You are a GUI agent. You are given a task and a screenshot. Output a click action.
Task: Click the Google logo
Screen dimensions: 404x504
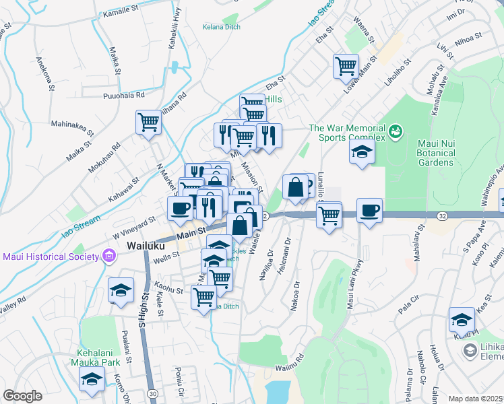coord(22,396)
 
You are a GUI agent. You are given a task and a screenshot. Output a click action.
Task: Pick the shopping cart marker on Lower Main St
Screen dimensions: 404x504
coord(346,66)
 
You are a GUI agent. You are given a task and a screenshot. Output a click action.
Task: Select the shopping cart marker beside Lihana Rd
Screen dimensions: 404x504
coord(148,123)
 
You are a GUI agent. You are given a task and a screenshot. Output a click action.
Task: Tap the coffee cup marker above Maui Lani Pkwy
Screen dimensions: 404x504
coord(369,210)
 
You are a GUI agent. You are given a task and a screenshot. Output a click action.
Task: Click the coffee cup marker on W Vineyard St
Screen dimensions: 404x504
coord(180,208)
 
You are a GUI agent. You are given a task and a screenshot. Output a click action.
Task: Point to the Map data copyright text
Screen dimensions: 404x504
coord(474,399)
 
